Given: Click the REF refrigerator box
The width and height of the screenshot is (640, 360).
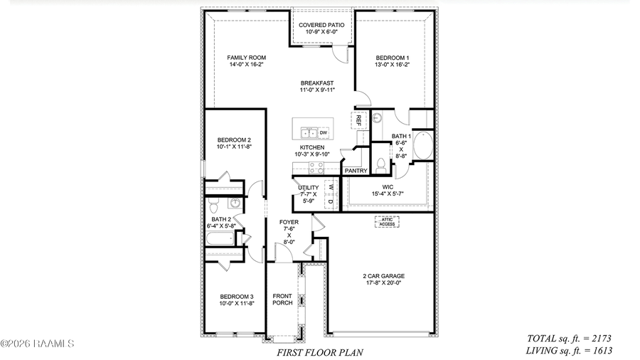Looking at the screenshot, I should click(358, 120).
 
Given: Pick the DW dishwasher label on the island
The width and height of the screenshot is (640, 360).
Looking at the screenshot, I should click(323, 132).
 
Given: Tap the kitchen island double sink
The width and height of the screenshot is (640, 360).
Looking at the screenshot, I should click(309, 132).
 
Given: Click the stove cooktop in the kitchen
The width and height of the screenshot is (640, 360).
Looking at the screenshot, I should click(316, 168).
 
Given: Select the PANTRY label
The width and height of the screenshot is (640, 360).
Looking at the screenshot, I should click(356, 171).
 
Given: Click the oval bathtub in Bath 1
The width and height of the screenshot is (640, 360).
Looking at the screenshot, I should click(422, 145).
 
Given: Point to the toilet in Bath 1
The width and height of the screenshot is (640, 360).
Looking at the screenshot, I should click(382, 165).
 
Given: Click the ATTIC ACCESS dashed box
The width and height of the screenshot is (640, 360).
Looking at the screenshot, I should click(386, 221).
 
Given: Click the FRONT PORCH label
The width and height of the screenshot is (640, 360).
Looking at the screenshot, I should click(282, 300).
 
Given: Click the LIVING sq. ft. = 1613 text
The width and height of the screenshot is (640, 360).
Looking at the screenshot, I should click(569, 350).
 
